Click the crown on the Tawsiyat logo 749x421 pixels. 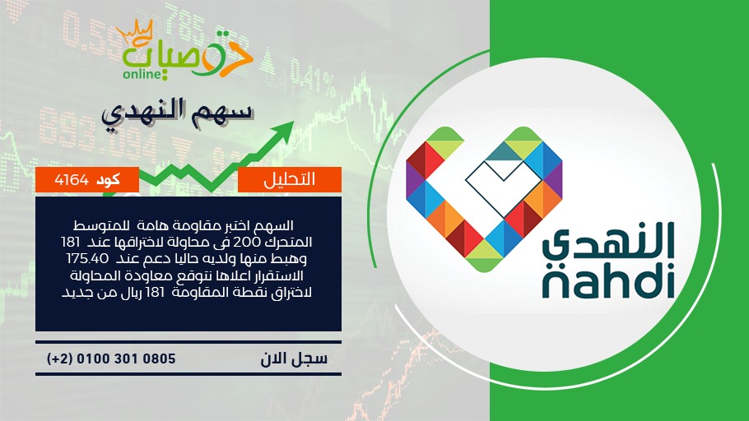tap(134, 32)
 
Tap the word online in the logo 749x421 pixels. tap(142, 74)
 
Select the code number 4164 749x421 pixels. tap(72, 180)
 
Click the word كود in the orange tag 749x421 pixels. tap(108, 180)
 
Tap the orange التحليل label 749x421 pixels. tap(290, 179)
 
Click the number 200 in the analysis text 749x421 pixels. tap(246, 242)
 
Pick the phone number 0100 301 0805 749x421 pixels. tap(126, 359)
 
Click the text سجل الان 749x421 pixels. tap(294, 359)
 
